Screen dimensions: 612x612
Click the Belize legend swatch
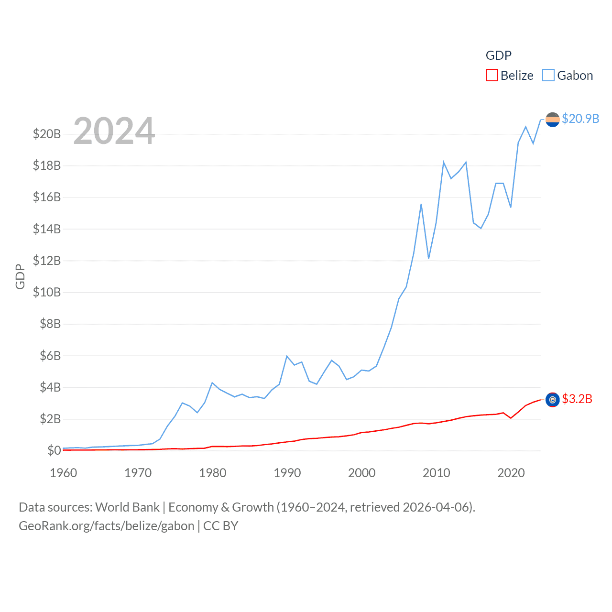(x=492, y=76)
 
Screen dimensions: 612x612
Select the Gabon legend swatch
(x=548, y=76)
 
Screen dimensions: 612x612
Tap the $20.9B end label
(x=580, y=119)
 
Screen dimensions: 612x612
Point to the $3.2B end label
(x=577, y=399)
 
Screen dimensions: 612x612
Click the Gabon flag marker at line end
(x=552, y=120)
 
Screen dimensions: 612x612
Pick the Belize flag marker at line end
(x=552, y=400)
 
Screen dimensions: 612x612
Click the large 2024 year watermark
(x=114, y=131)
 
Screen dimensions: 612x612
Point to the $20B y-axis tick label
(x=47, y=134)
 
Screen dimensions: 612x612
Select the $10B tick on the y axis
(x=47, y=292)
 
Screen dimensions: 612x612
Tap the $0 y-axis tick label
(x=54, y=450)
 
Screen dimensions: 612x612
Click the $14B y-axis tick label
(x=47, y=229)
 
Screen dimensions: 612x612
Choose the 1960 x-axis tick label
(x=64, y=473)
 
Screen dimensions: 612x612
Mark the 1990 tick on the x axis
(x=287, y=473)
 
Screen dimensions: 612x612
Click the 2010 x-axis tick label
(x=436, y=473)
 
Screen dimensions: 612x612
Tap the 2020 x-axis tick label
(x=511, y=473)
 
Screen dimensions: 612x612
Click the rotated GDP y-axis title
(x=20, y=276)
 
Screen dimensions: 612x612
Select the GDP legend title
(x=498, y=55)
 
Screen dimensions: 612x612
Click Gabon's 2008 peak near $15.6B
(x=421, y=204)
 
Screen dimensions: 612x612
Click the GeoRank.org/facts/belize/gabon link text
(x=106, y=526)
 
